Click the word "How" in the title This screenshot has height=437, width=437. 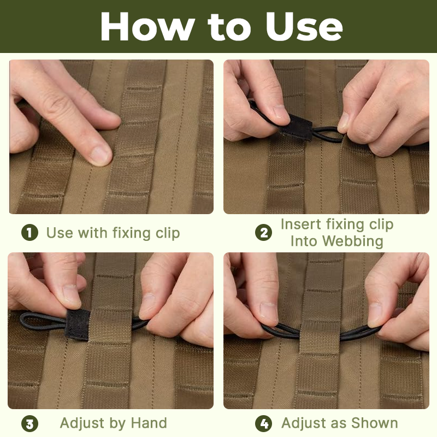click(x=147, y=26)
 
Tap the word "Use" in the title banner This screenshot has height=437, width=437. click(x=304, y=26)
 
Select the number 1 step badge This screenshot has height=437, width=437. click(x=29, y=233)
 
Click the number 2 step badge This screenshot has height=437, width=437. click(x=263, y=233)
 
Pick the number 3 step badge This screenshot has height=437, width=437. click(x=29, y=424)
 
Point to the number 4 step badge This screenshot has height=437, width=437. click(x=263, y=424)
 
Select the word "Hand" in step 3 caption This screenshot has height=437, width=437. click(x=149, y=423)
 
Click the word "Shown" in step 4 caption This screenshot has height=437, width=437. click(x=375, y=423)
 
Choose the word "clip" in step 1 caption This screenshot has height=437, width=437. click(x=168, y=233)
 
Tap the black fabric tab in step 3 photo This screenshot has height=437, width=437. click(x=78, y=324)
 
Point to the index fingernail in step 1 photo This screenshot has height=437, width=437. click(x=100, y=156)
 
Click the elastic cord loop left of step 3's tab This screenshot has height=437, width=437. click(x=43, y=321)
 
